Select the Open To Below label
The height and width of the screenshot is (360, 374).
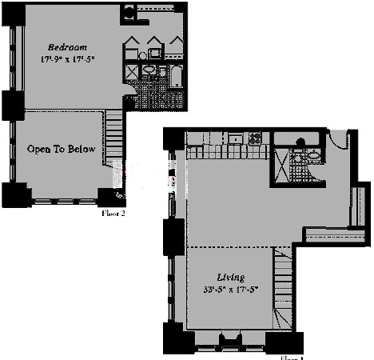[x=62, y=150]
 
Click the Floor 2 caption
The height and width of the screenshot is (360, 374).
[x=113, y=213]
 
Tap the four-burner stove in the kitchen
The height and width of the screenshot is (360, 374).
[x=256, y=138]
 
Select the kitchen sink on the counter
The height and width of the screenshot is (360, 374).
[x=236, y=138]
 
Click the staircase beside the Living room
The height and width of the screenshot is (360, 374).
[x=280, y=284]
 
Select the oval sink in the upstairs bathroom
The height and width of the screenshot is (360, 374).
[x=149, y=70]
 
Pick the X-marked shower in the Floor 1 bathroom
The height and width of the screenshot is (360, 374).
[x=282, y=165]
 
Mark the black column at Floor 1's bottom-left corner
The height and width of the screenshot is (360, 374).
[x=176, y=340]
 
